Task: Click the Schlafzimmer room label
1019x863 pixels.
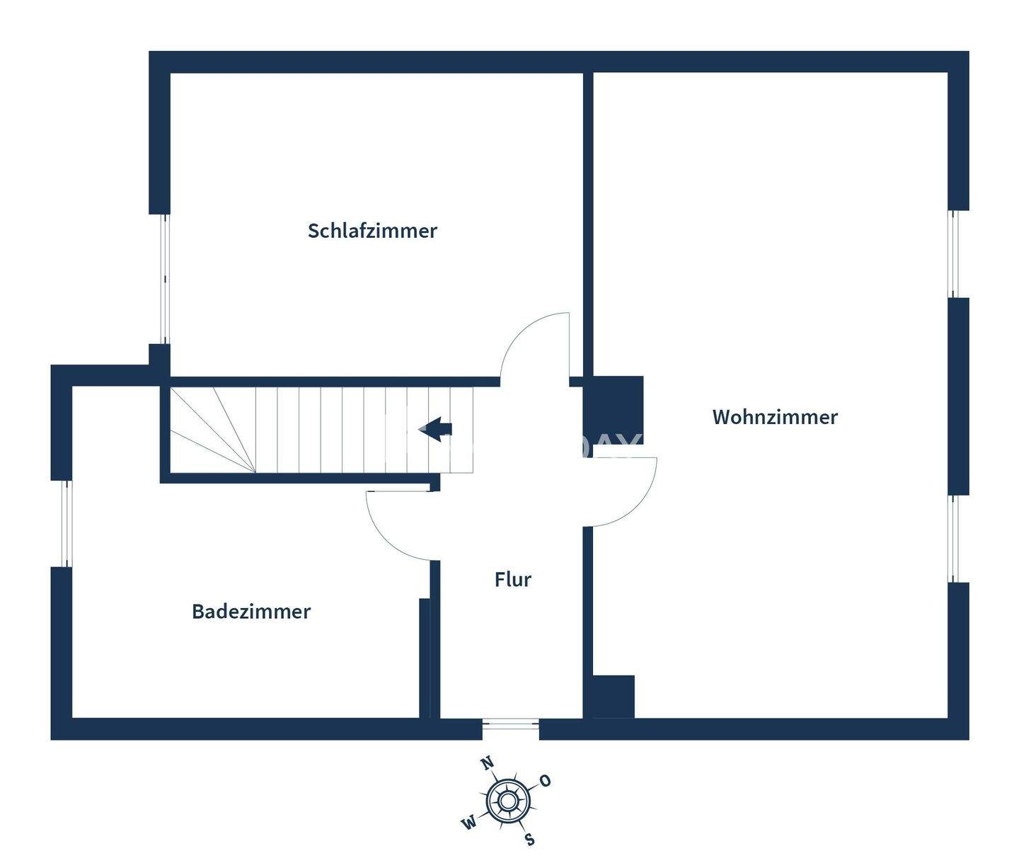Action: pyautogui.click(x=372, y=231)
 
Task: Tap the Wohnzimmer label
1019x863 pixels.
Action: pyautogui.click(x=775, y=417)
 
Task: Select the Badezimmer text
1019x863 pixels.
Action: pyautogui.click(x=251, y=612)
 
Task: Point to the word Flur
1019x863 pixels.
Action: pyautogui.click(x=512, y=580)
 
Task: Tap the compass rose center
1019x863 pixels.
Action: pyautogui.click(x=507, y=801)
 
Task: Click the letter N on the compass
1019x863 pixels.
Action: pyautogui.click(x=487, y=763)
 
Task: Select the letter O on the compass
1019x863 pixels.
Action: pyautogui.click(x=545, y=781)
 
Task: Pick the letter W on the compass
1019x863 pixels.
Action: pyautogui.click(x=468, y=823)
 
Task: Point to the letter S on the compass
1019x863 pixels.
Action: pyautogui.click(x=529, y=840)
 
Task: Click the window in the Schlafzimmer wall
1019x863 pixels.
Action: pyautogui.click(x=165, y=278)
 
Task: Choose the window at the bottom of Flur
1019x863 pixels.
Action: pyautogui.click(x=510, y=725)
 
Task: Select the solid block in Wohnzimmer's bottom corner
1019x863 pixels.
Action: pyautogui.click(x=612, y=696)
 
